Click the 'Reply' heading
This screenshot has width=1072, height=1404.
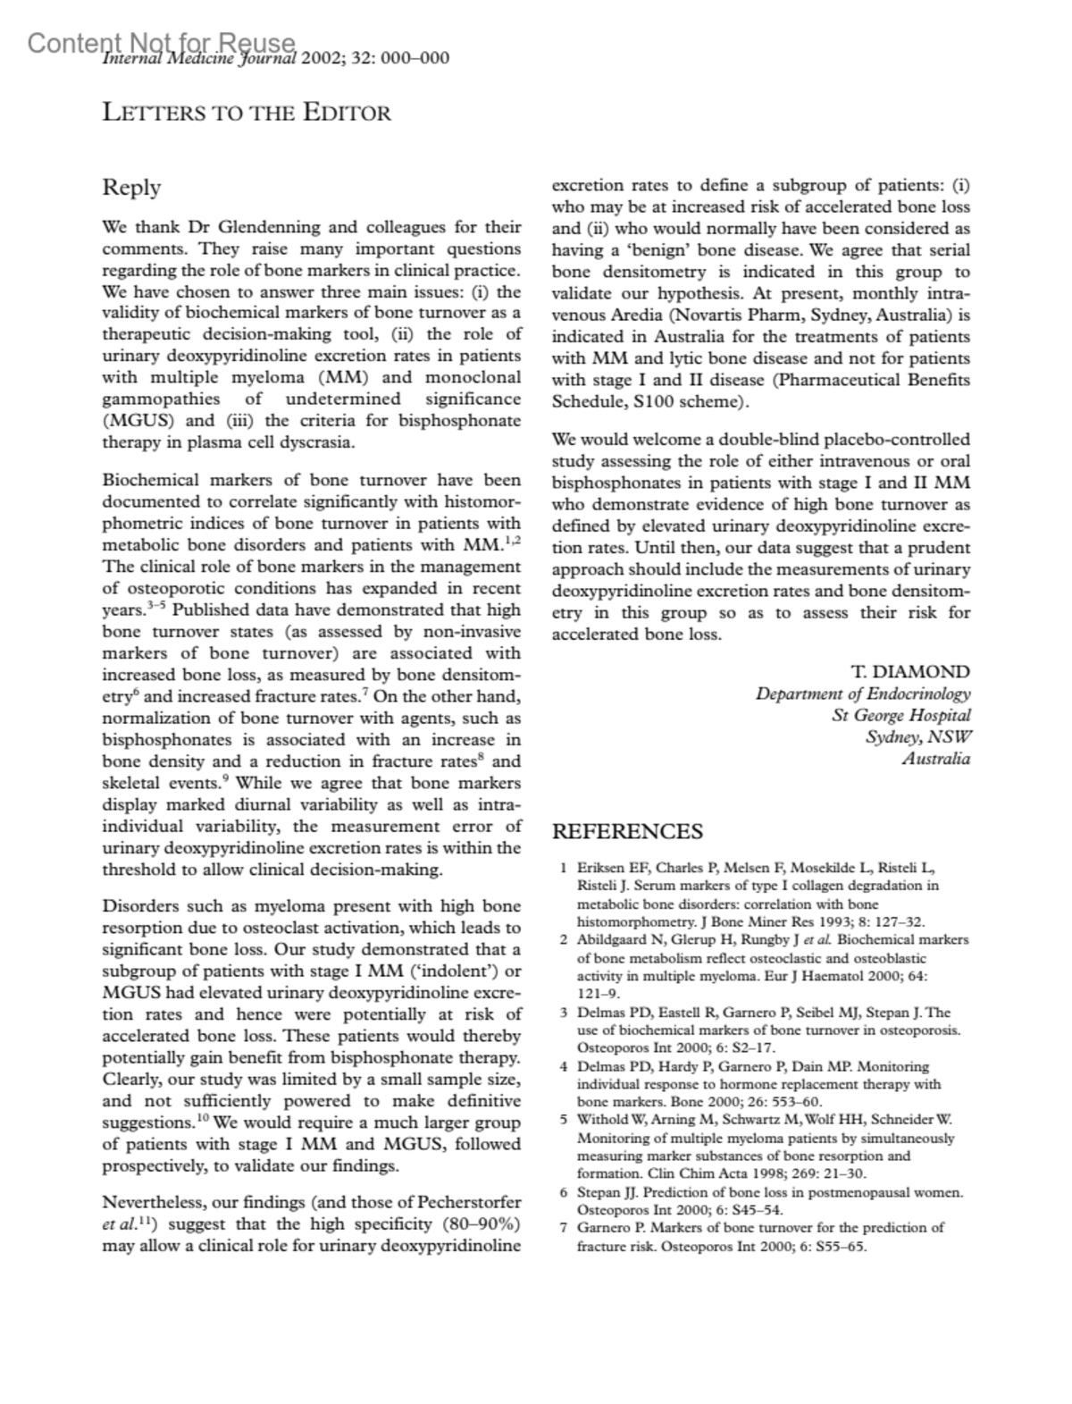pyautogui.click(x=131, y=188)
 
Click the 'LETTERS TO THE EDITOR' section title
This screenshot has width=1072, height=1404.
pyautogui.click(x=247, y=113)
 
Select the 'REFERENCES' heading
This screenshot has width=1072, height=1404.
pyautogui.click(x=627, y=832)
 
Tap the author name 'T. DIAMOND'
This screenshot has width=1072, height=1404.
pyautogui.click(x=910, y=672)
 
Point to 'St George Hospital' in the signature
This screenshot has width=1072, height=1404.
pyautogui.click(x=900, y=715)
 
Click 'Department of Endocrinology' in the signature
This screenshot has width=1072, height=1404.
pyautogui.click(x=862, y=694)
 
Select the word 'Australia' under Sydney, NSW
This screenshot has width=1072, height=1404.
pyautogui.click(x=935, y=759)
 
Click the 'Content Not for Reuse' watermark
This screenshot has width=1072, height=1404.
pyautogui.click(x=161, y=42)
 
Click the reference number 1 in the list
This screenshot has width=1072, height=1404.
pyautogui.click(x=564, y=868)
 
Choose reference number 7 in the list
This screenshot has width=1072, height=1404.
pyautogui.click(x=564, y=1228)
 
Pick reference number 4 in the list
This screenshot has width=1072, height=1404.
pyautogui.click(x=564, y=1066)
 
